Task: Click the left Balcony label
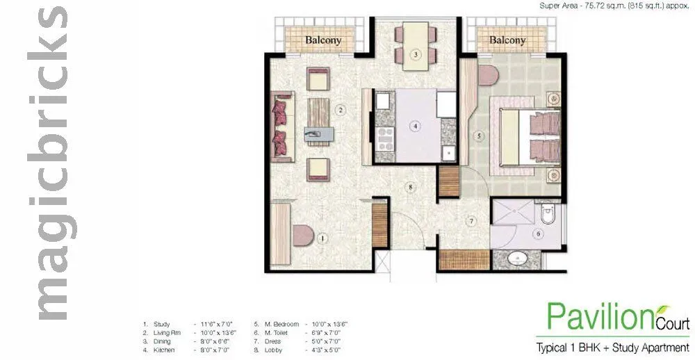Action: [x=323, y=40]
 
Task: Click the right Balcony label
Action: [x=507, y=40]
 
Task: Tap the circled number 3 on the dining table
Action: [x=414, y=55]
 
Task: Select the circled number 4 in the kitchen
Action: [x=415, y=126]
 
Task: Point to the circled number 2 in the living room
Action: [x=340, y=109]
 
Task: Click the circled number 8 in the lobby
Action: [x=411, y=187]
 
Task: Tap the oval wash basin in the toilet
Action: [x=518, y=260]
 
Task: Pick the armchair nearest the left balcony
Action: [x=319, y=80]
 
